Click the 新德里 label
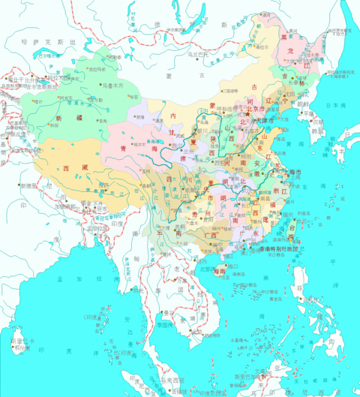click(30, 185)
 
